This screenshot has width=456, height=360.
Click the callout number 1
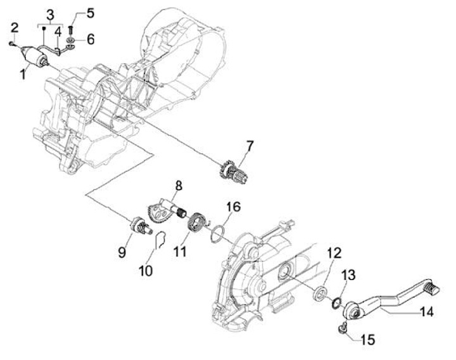23,74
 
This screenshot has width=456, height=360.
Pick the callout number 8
179,186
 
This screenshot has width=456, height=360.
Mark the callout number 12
334,252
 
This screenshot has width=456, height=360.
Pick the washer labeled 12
320,293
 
